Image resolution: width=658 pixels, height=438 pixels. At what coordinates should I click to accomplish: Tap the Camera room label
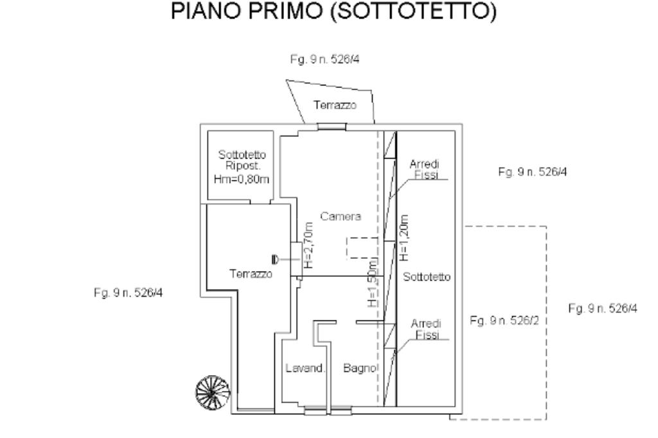344,216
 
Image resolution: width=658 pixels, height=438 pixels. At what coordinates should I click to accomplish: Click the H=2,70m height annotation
308,245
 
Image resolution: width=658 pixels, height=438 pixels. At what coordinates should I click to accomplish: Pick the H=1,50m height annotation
373,283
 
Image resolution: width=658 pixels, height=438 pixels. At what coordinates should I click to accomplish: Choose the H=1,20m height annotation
404,236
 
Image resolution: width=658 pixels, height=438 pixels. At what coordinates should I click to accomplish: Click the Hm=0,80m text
242,177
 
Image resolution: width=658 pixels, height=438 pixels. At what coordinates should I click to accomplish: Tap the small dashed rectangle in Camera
361,248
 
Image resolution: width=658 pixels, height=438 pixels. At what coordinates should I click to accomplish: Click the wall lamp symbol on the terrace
275,259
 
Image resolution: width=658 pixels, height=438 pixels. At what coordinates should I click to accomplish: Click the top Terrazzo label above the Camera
334,105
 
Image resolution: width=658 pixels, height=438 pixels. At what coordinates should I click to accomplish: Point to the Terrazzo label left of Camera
251,274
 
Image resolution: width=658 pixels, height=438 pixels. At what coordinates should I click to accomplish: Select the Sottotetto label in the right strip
427,277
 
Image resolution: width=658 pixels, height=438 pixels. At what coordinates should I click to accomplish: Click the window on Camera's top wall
332,127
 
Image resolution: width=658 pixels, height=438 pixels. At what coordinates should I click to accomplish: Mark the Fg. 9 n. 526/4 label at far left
128,292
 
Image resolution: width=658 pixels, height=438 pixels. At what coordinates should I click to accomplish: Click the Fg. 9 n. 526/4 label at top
328,60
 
